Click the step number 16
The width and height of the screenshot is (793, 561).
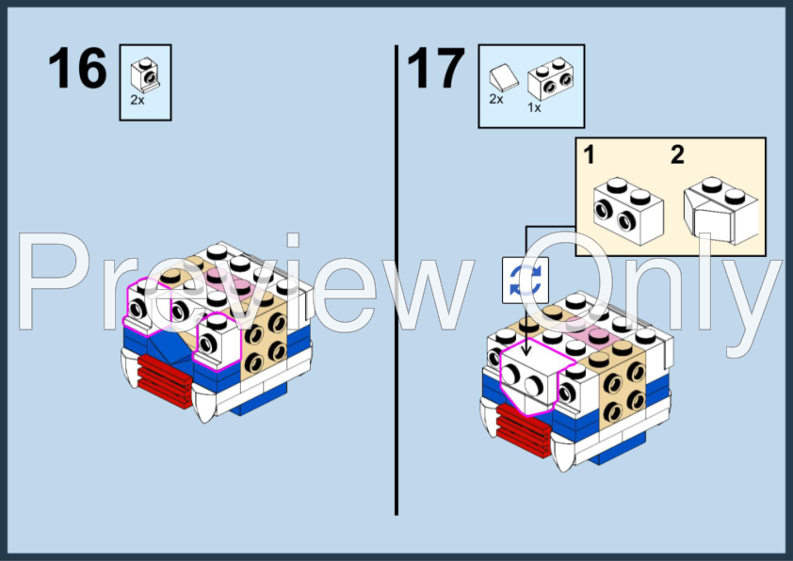(77, 68)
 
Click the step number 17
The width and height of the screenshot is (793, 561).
(436, 68)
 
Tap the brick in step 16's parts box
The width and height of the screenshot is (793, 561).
(145, 74)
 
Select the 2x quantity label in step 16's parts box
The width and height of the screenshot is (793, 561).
(138, 101)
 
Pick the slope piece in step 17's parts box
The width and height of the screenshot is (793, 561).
(504, 78)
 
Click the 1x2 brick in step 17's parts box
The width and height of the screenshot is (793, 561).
(550, 78)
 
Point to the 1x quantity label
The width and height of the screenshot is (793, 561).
(534, 107)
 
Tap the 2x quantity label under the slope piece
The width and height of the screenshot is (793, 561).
(496, 99)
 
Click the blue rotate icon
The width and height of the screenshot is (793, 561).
(526, 280)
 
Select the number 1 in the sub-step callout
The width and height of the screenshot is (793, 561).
(589, 154)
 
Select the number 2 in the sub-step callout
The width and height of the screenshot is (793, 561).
(678, 154)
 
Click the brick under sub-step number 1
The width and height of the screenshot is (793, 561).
(628, 211)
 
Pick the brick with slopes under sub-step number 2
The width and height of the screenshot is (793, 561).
(720, 210)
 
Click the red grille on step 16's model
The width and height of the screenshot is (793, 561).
(165, 380)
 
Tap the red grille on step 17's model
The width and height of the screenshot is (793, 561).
(524, 430)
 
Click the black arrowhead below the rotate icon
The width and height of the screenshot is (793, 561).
(526, 352)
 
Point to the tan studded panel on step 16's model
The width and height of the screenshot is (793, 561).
(264, 340)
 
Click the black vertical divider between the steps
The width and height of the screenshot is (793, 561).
(396, 280)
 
